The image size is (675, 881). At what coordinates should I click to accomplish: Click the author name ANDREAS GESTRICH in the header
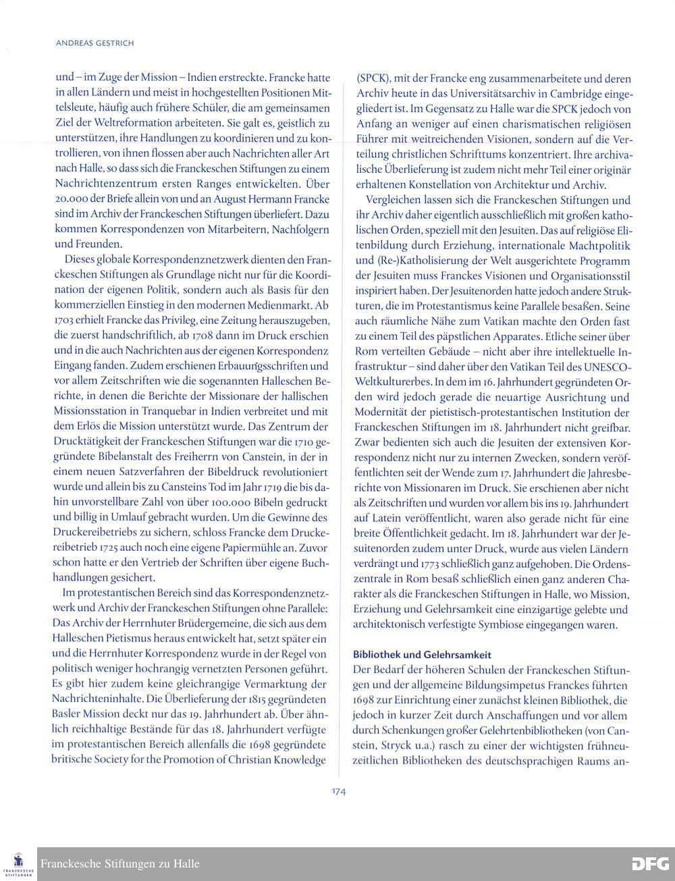pos(94,43)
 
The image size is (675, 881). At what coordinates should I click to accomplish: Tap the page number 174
pos(338,792)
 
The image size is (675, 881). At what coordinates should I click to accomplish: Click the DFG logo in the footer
pos(650,863)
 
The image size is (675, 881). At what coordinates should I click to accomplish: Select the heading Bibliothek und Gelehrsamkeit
pos(423,654)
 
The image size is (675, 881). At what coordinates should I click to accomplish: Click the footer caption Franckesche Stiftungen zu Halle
pos(120,863)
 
